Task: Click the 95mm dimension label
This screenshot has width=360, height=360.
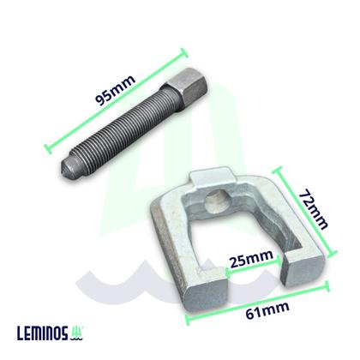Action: (x=115, y=91)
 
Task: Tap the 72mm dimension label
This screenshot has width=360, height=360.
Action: (x=313, y=209)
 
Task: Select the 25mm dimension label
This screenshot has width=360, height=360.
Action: (x=251, y=259)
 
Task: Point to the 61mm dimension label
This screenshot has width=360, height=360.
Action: (x=267, y=310)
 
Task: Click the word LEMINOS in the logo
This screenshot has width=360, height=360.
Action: (x=43, y=333)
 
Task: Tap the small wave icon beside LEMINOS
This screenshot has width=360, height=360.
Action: (x=77, y=333)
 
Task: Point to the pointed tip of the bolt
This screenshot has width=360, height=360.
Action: (x=63, y=168)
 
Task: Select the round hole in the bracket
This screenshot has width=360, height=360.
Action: (x=216, y=201)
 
